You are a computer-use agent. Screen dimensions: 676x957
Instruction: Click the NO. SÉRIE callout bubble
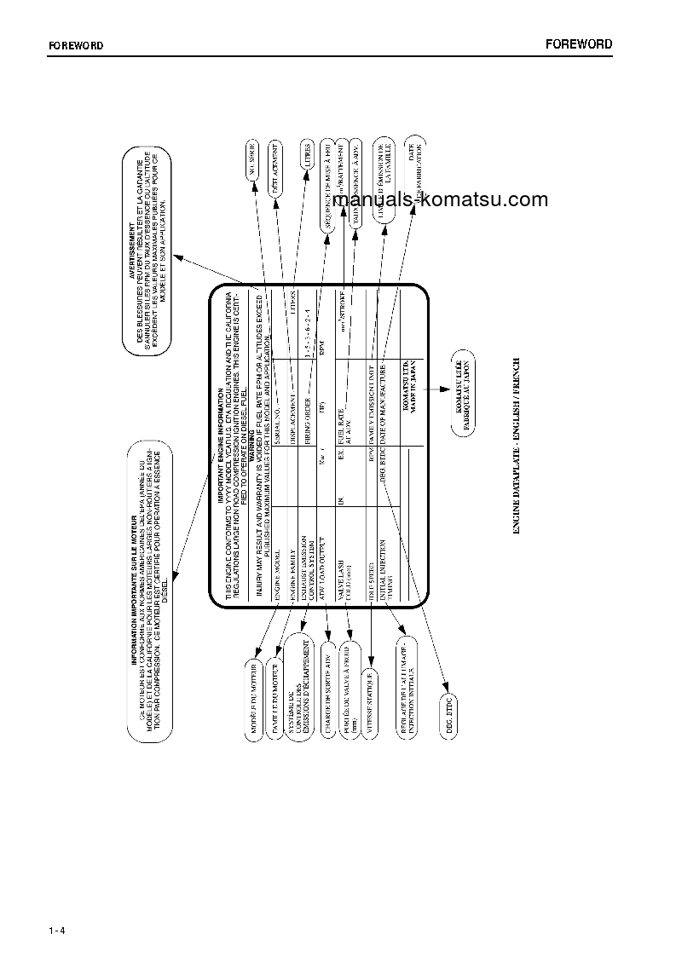253,163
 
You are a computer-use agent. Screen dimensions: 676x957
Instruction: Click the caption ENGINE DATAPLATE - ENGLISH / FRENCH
517,447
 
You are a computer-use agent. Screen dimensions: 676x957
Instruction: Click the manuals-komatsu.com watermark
440,200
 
